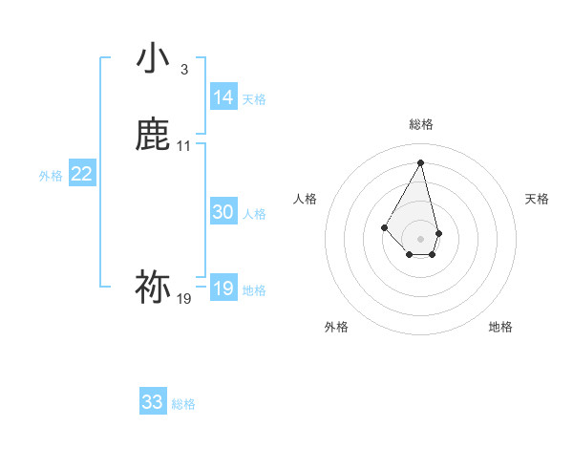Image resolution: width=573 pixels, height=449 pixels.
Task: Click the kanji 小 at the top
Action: (153, 59)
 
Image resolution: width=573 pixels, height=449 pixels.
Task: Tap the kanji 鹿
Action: (153, 135)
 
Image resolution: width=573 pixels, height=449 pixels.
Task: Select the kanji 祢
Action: (153, 287)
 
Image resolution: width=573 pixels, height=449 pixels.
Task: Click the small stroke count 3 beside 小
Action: (184, 70)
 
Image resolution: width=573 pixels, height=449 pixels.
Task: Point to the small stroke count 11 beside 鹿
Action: (184, 146)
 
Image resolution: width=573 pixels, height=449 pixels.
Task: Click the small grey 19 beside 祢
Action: (184, 299)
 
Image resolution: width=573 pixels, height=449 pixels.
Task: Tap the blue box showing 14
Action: (223, 97)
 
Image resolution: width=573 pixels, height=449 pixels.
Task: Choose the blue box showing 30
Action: (223, 212)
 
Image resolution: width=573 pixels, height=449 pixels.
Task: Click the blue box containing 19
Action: (223, 289)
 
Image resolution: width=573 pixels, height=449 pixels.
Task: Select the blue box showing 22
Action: (82, 174)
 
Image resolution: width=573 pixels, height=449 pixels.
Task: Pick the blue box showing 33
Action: (153, 402)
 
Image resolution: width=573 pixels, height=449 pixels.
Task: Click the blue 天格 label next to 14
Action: (254, 99)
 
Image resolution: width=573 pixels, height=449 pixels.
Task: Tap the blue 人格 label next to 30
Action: (254, 214)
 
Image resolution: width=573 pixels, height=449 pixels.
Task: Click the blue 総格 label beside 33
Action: (183, 404)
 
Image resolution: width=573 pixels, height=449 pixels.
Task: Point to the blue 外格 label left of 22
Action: (51, 176)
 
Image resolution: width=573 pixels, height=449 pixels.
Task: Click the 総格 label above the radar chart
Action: (421, 125)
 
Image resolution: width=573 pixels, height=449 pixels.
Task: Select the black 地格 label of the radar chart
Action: (500, 327)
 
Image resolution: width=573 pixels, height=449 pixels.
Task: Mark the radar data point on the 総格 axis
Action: (421, 161)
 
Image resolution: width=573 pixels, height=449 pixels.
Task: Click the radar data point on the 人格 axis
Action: (384, 227)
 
